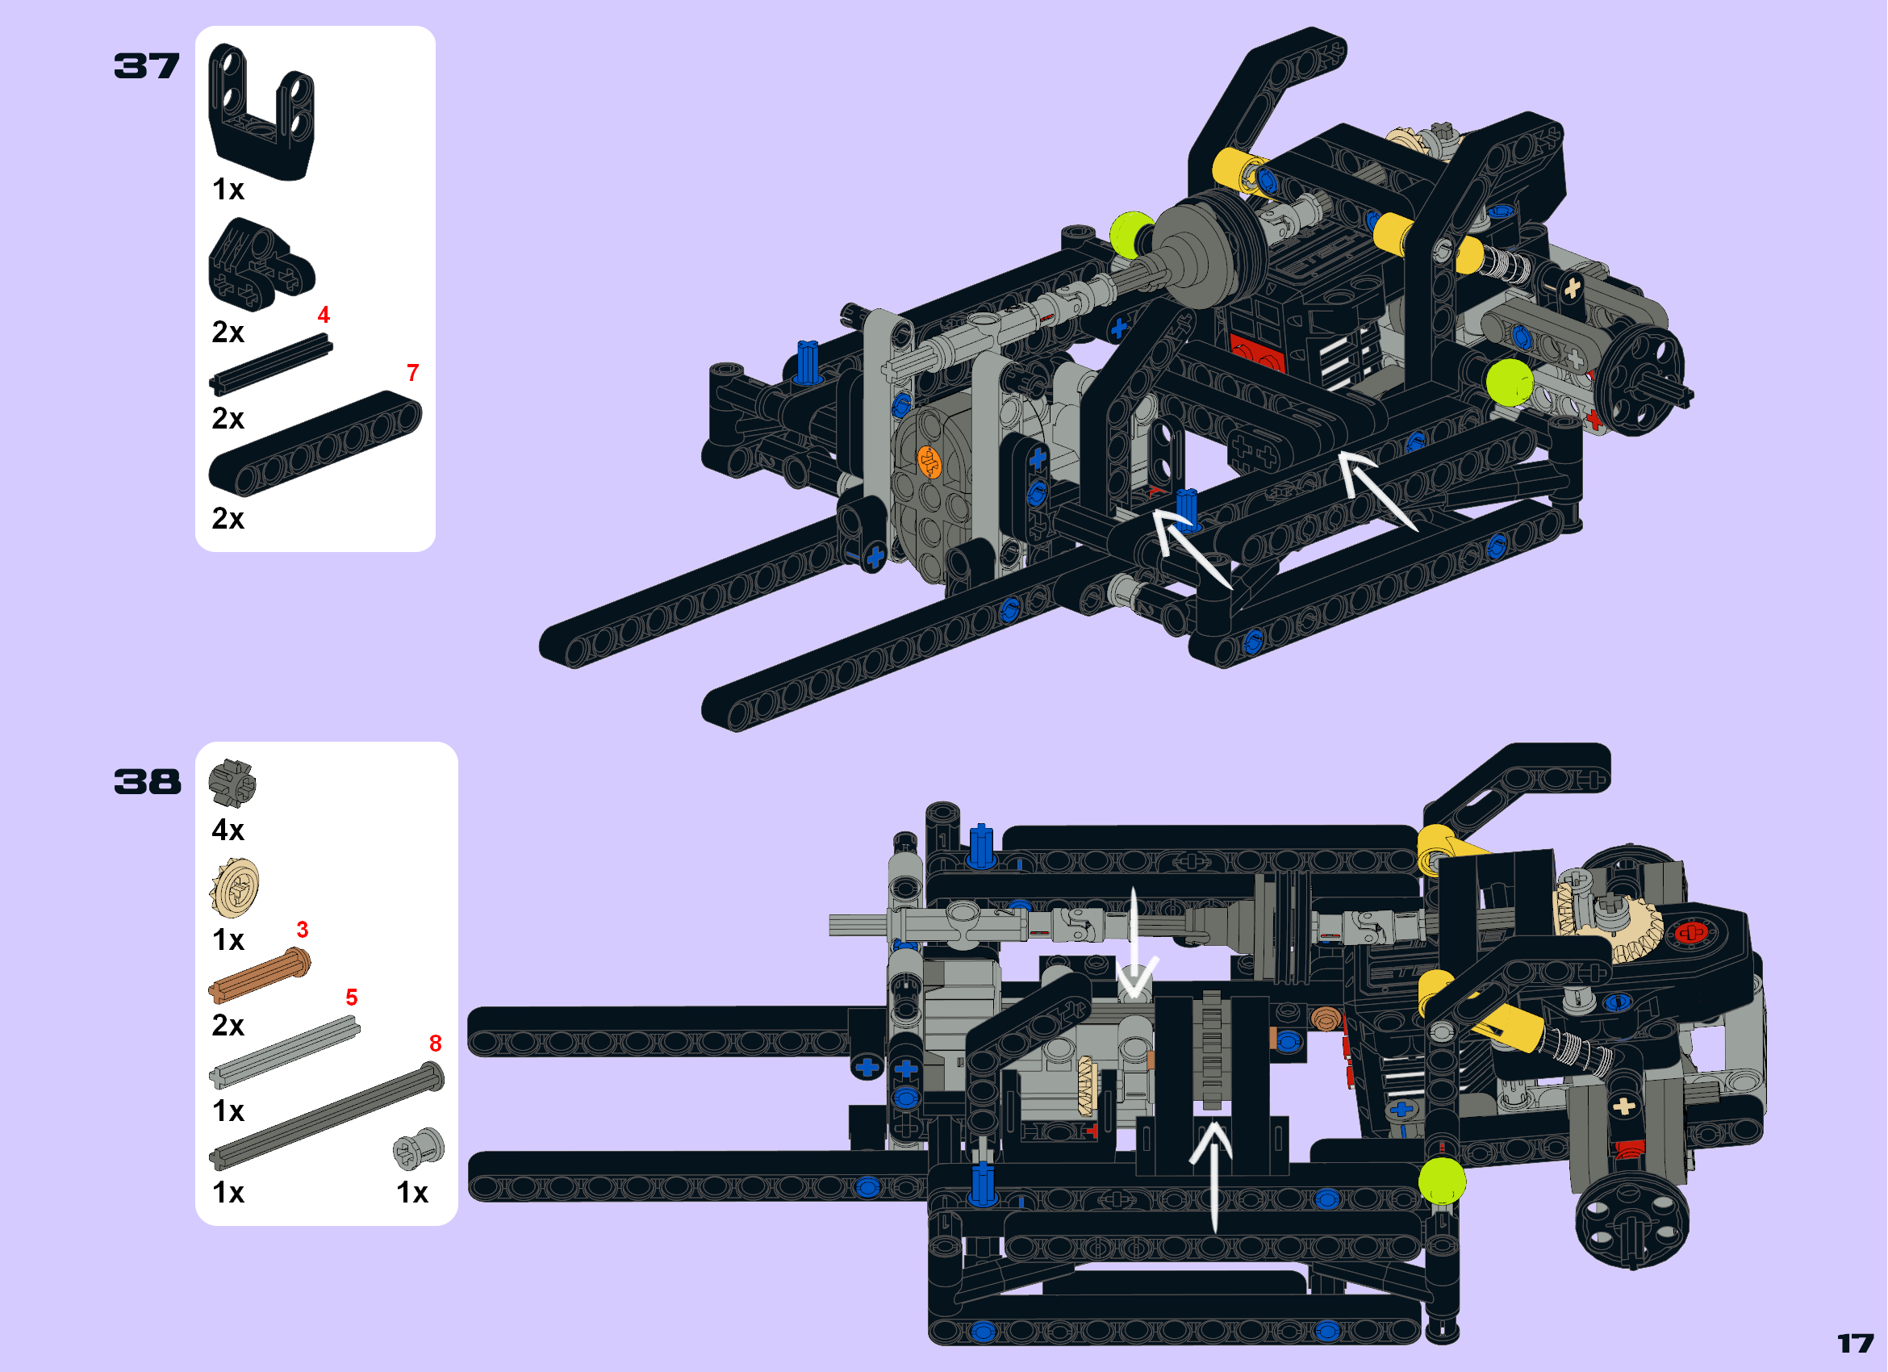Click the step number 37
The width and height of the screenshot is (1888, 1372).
click(x=147, y=65)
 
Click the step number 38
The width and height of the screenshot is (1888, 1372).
click(x=148, y=782)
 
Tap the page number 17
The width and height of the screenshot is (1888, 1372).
click(x=1856, y=1344)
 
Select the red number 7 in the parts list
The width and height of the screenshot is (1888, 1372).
click(x=413, y=373)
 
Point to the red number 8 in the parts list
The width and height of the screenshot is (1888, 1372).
click(x=436, y=1044)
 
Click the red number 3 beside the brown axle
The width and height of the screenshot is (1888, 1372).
click(x=303, y=930)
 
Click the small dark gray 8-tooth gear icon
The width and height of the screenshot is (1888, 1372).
click(x=232, y=784)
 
